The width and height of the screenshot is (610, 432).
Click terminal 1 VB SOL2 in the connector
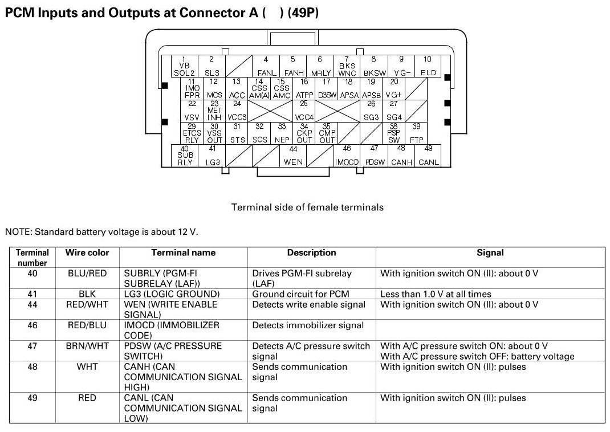click(x=184, y=66)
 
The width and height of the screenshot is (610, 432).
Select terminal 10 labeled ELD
click(x=428, y=66)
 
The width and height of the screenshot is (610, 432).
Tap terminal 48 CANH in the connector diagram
click(x=401, y=156)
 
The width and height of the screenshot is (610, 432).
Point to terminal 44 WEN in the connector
click(x=293, y=156)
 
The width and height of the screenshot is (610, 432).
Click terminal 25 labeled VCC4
click(x=304, y=111)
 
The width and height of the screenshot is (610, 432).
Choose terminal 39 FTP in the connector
click(x=417, y=133)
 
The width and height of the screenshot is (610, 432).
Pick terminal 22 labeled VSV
click(x=192, y=111)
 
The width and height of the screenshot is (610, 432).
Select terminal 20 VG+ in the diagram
click(x=394, y=88)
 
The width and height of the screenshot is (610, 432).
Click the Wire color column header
click(x=87, y=252)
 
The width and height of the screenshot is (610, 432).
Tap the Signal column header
click(x=490, y=252)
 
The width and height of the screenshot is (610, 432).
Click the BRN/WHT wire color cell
click(x=87, y=346)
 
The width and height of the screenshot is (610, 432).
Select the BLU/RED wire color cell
click(x=87, y=274)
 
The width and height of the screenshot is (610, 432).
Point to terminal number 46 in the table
click(x=32, y=325)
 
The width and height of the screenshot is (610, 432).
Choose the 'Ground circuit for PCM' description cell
click(x=308, y=294)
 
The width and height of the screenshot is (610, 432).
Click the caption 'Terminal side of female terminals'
click(x=307, y=207)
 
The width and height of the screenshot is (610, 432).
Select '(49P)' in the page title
click(x=303, y=13)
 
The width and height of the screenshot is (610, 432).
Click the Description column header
click(x=311, y=252)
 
